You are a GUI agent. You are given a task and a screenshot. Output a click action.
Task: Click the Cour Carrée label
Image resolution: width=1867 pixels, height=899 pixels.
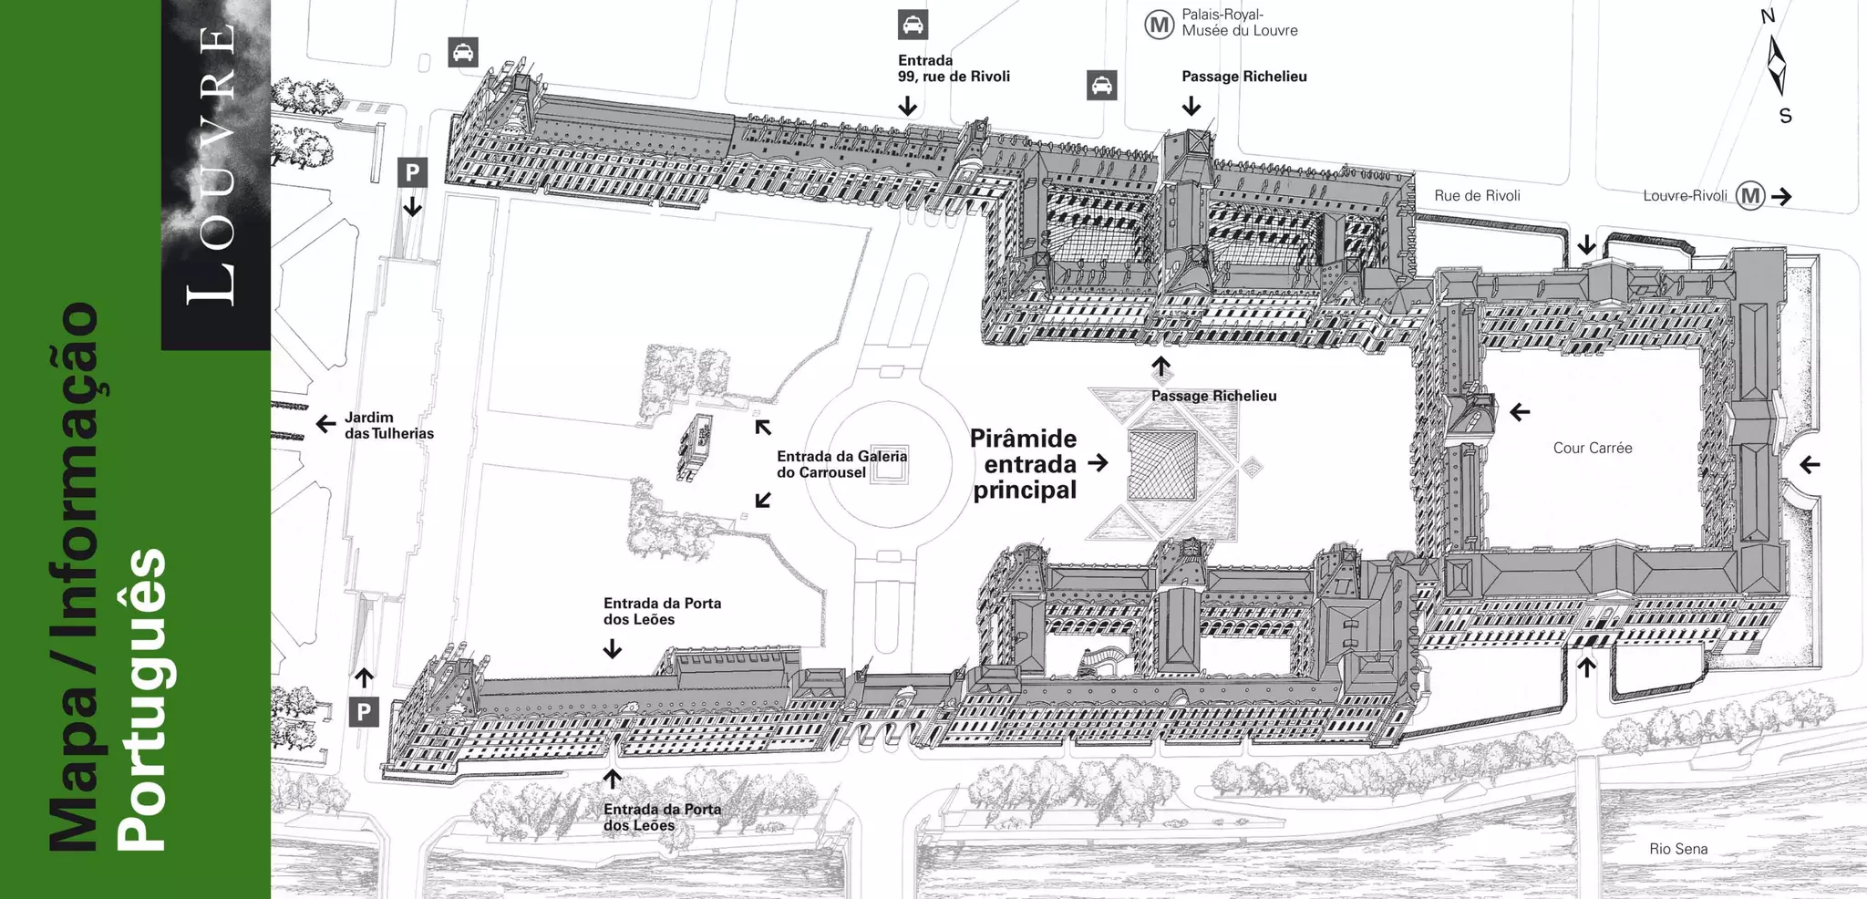coord(1592,448)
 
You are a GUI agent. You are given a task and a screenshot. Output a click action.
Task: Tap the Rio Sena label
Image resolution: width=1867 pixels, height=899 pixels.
coord(1677,849)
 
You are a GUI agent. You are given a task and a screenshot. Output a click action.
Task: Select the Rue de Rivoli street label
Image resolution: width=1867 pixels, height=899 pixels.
coord(1477,195)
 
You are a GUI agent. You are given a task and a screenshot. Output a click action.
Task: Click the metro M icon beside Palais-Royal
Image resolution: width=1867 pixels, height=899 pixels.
coord(1159,25)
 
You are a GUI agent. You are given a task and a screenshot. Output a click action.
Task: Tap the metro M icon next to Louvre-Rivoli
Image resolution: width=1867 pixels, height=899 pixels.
coord(1749,195)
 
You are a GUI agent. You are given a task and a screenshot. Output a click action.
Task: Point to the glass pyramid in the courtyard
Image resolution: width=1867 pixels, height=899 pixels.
coord(1161,465)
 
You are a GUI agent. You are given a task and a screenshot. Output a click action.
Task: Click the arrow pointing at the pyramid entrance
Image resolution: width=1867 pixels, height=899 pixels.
coord(1099,463)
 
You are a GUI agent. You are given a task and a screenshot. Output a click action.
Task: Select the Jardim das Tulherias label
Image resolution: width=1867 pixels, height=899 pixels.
coord(388,425)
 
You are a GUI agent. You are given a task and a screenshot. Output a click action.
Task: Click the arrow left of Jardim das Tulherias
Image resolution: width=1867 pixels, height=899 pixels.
coord(325,424)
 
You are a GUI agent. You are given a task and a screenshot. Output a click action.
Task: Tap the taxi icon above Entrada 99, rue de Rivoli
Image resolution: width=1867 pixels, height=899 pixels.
coord(913,25)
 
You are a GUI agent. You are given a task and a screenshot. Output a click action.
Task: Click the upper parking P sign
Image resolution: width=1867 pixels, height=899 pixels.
coord(412,171)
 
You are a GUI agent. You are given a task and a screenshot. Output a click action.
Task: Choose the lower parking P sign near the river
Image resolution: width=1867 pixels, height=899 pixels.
coord(364,712)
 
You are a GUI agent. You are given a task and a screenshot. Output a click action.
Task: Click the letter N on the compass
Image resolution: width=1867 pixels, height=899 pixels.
coord(1768,16)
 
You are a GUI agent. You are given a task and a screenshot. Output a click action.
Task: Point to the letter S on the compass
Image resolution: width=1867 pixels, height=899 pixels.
coord(1785,116)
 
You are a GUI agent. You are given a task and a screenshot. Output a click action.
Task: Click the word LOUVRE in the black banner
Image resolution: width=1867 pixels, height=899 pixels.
coord(215,164)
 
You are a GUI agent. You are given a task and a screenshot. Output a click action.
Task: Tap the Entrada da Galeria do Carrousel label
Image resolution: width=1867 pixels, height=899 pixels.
coord(841,464)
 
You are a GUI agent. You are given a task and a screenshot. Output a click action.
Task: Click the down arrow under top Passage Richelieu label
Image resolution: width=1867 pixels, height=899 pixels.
coord(1191,106)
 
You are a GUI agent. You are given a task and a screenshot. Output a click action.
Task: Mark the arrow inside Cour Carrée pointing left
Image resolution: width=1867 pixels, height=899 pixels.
coord(1520,412)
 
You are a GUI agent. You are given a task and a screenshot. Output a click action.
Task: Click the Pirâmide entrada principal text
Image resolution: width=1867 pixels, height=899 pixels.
coord(1024,464)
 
